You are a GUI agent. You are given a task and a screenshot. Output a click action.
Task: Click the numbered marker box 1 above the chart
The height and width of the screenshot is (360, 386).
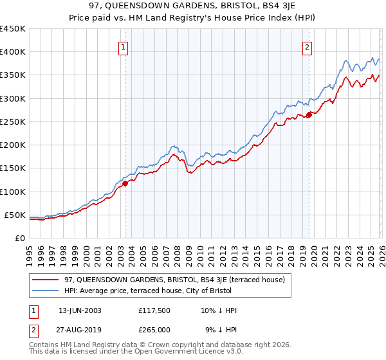click(123, 46)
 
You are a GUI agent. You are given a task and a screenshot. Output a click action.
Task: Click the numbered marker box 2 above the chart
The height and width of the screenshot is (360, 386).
click(308, 46)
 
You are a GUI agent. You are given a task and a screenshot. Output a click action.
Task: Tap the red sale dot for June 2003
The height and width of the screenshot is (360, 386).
click(125, 183)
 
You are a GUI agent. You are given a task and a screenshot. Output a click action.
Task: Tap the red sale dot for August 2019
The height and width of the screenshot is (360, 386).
click(309, 114)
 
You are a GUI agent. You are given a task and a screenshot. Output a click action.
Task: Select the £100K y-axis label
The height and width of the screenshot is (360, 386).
click(12, 192)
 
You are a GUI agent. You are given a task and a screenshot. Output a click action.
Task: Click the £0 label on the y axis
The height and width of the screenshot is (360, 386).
click(20, 238)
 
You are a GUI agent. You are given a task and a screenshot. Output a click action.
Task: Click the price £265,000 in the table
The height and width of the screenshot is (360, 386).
click(154, 329)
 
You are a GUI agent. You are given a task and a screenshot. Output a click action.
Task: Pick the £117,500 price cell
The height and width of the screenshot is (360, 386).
click(154, 310)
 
